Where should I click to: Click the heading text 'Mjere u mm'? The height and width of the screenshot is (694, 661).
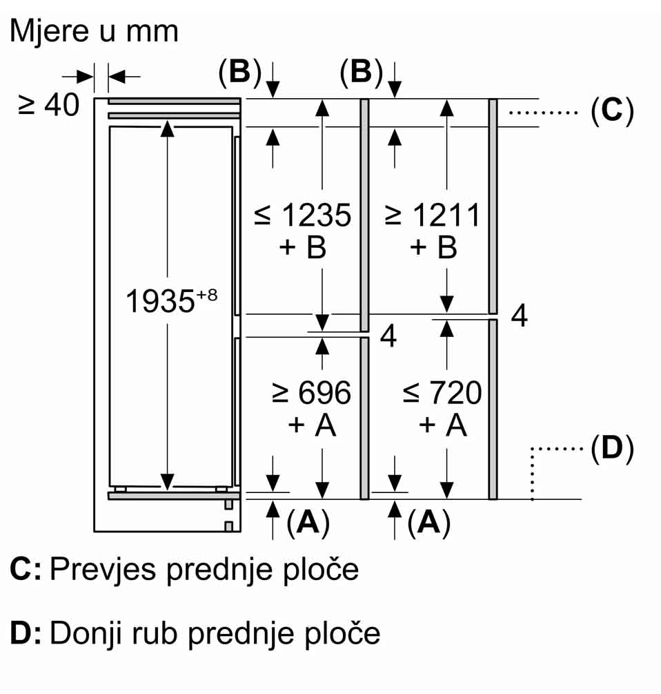pos(95,31)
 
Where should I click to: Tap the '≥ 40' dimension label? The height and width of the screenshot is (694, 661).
pos(49,105)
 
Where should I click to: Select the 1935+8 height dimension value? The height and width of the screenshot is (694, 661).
pos(171,300)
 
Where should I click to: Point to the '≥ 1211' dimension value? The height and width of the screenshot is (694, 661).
pos(433,216)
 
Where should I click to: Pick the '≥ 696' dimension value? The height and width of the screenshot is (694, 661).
pos(311,393)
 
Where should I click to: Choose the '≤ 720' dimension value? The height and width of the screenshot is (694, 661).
pos(442,393)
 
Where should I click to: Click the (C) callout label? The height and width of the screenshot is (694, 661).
pos(612,110)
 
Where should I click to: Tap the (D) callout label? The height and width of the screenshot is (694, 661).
pos(612,450)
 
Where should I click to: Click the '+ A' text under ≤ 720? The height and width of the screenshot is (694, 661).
pos(442,425)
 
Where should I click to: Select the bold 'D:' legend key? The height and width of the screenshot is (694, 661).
pos(26,633)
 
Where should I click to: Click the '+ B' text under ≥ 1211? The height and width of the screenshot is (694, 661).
pos(433,247)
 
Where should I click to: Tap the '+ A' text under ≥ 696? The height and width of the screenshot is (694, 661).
pos(312,425)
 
